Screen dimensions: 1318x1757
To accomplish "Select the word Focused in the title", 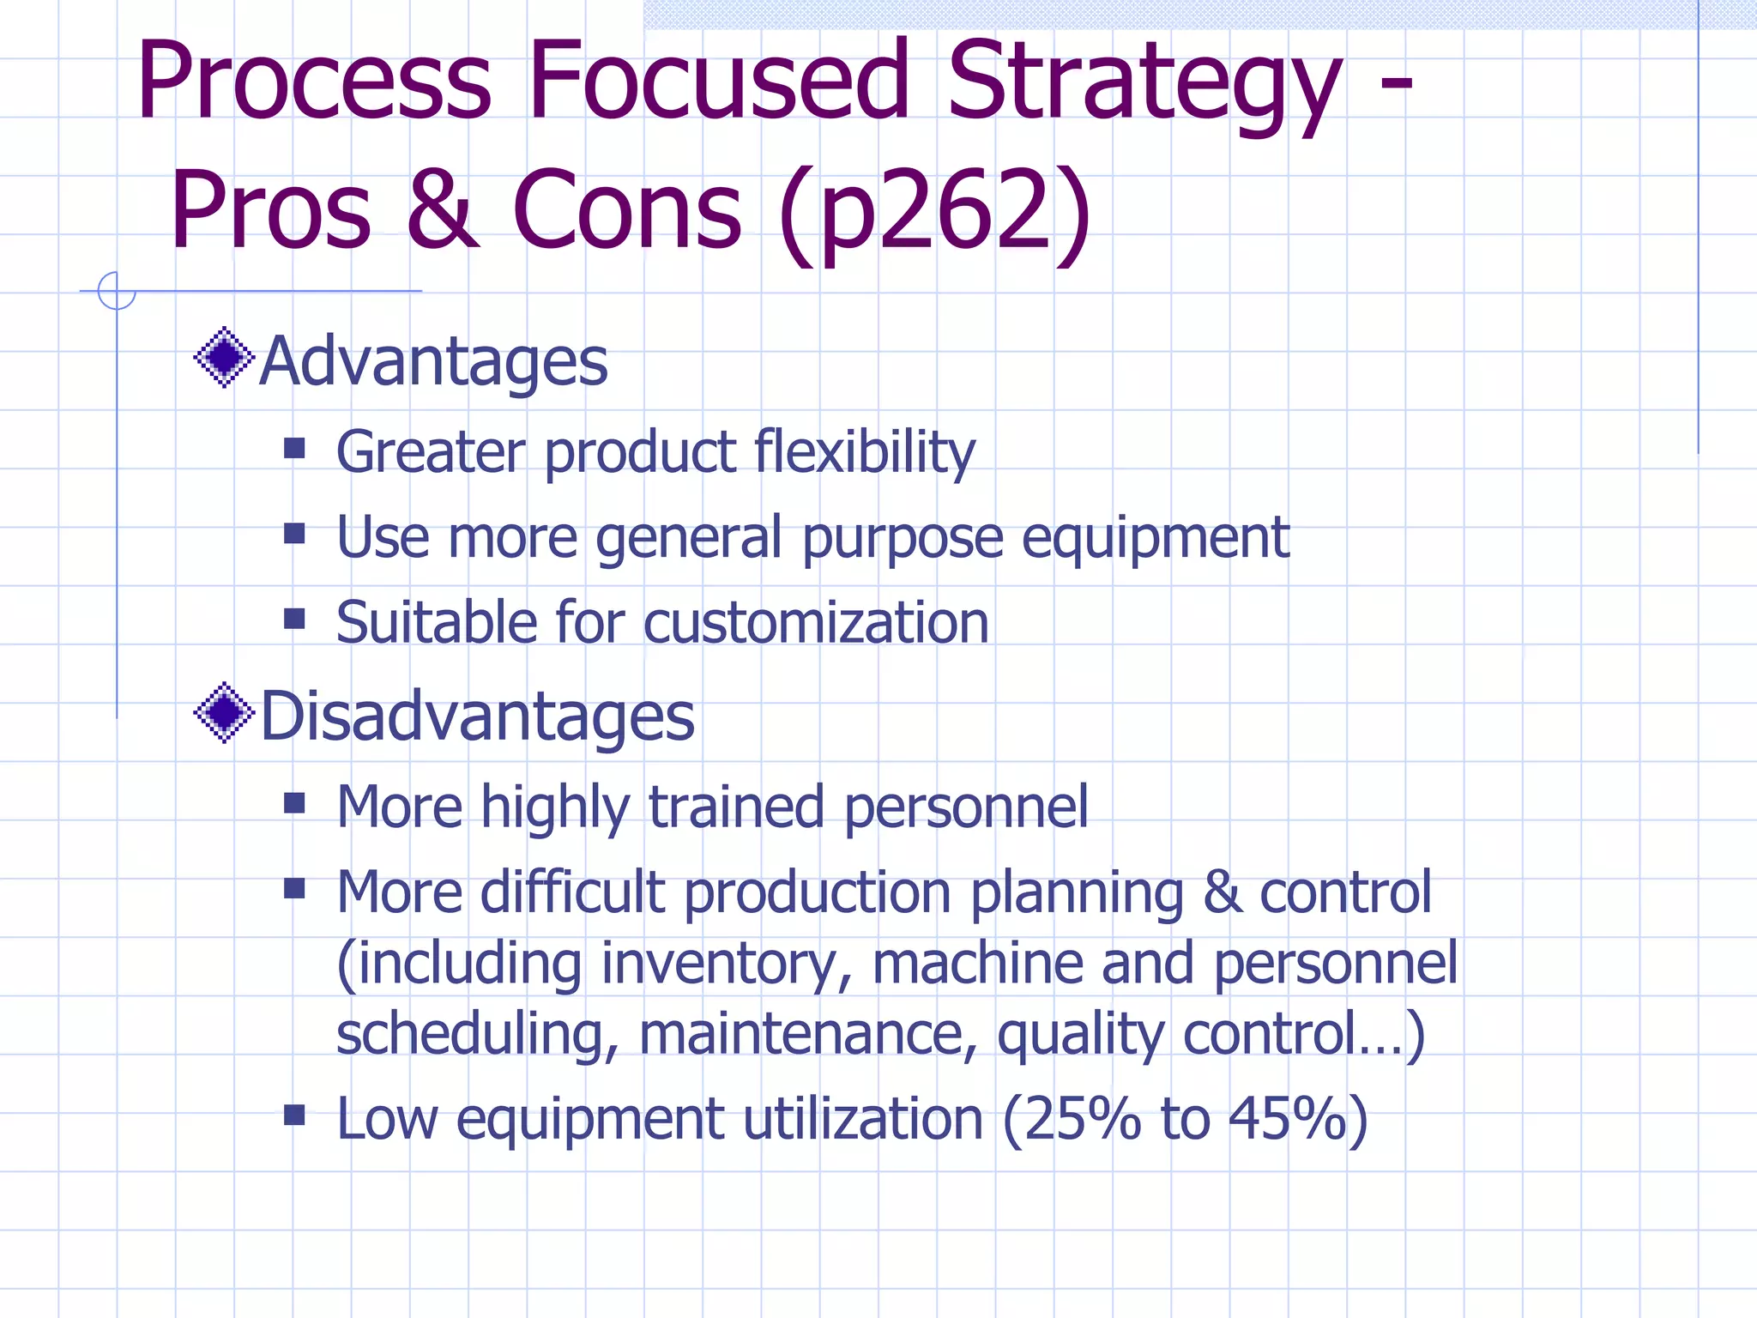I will click(x=718, y=82).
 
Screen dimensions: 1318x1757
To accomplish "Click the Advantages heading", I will click(x=433, y=361).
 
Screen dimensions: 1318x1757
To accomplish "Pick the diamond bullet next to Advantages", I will click(x=224, y=357).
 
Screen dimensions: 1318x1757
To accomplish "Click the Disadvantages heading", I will click(x=477, y=716).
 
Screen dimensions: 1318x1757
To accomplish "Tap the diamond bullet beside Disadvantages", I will click(x=224, y=712).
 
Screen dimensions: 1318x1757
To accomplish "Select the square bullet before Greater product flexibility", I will click(x=294, y=448).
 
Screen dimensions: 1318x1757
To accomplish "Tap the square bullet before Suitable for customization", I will click(x=294, y=619).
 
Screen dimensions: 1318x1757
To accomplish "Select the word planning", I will click(x=1077, y=894).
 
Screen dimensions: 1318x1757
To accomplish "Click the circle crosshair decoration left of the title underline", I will click(x=117, y=291).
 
